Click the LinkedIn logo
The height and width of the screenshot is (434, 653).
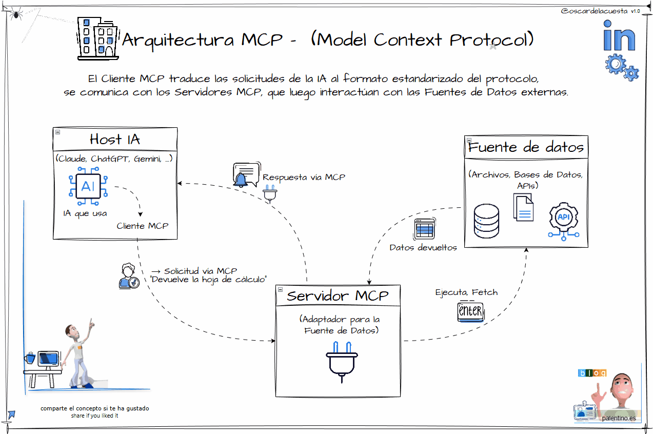619,35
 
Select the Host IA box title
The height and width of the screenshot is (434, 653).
115,139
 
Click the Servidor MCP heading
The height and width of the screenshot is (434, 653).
338,296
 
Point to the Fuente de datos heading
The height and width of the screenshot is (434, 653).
526,148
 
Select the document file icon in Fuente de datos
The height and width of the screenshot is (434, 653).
524,208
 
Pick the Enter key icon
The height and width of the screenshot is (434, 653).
470,311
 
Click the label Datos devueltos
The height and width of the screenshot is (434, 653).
423,247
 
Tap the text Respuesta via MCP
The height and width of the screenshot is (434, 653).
304,177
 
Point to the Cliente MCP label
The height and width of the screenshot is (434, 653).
142,226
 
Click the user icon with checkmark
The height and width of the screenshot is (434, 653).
128,276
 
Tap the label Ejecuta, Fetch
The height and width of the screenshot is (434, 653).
466,292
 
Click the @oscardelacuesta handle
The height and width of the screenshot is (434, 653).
595,11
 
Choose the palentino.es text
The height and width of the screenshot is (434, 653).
619,418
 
